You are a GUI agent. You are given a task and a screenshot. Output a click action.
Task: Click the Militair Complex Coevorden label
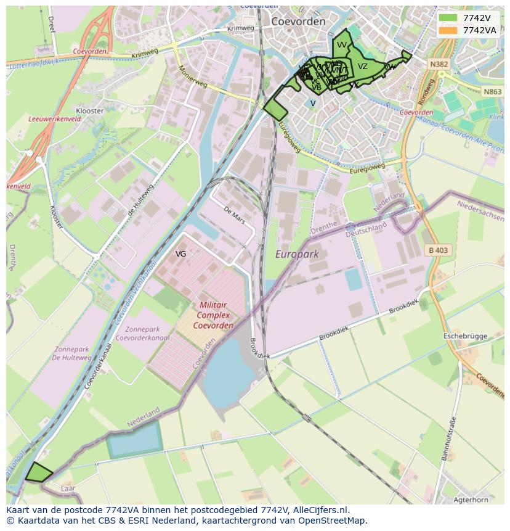click(x=213, y=315)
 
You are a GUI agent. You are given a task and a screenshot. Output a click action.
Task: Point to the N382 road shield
click(x=439, y=64)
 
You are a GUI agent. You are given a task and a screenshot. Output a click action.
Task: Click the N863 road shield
click(x=492, y=91)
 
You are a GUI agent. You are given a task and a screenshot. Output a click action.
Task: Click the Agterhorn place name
click(x=469, y=500)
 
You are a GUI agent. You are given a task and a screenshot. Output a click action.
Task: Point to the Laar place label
click(x=68, y=488)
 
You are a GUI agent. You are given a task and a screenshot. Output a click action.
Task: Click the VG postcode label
click(x=180, y=253)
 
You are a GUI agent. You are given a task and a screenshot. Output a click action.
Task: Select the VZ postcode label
click(x=363, y=67)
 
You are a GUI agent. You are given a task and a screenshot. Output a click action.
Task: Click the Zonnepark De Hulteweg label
click(x=71, y=353)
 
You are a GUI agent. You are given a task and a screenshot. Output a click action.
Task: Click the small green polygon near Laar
click(x=38, y=472)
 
